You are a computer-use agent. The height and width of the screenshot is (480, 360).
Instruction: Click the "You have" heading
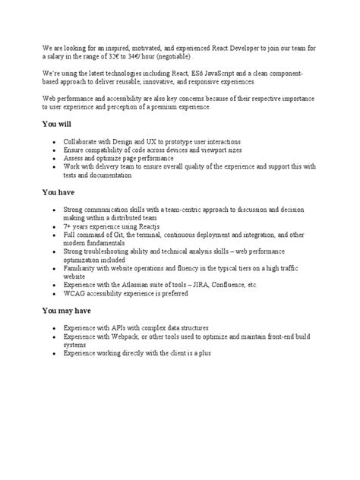[58, 192]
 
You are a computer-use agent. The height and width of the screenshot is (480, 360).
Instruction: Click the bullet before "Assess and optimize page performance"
[52, 159]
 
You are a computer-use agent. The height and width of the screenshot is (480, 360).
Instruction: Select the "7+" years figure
[68, 226]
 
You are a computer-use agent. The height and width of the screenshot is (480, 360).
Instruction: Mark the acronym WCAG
[75, 293]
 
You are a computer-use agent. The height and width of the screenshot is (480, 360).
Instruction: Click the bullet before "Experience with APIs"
[52, 327]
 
